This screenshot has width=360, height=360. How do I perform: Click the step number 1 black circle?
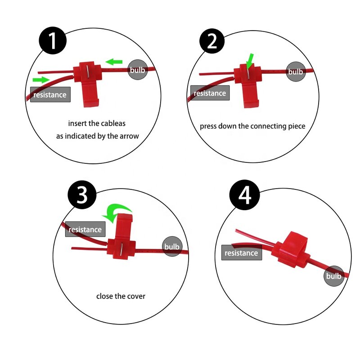tap(52, 41)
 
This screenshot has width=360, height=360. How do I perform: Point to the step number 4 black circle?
tap(244, 197)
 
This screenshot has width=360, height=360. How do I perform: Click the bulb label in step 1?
tap(137, 71)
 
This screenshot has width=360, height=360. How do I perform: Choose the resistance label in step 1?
tap(50, 94)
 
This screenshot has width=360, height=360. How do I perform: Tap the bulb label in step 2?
tap(296, 72)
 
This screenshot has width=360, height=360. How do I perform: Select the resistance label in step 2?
tap(210, 93)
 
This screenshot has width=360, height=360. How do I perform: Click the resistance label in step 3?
tap(85, 229)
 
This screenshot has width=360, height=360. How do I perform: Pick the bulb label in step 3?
tap(171, 247)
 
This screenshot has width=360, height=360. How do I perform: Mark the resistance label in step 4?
tap(241, 253)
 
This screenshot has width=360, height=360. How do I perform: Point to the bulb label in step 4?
tap(333, 276)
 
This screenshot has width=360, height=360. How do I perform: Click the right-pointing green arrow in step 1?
tap(40, 80)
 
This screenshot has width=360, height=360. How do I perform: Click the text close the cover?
tap(121, 296)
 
